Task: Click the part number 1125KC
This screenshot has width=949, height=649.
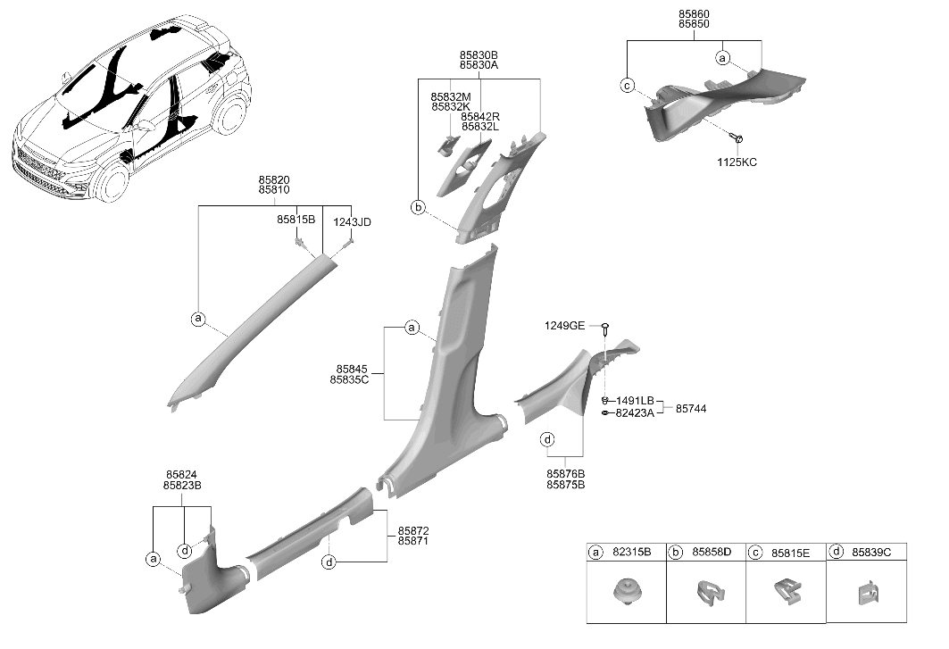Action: [737, 162]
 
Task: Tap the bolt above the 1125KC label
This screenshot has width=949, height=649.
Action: [737, 138]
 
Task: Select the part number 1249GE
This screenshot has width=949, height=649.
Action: [565, 326]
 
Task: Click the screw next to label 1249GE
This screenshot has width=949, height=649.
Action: [605, 329]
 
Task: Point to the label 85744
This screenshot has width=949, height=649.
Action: [691, 409]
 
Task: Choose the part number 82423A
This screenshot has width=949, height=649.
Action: [635, 413]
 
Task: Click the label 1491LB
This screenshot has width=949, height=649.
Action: [635, 401]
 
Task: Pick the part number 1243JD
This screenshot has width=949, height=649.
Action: [353, 222]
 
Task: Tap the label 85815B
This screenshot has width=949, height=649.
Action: [296, 220]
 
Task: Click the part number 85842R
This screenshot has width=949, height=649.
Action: [480, 116]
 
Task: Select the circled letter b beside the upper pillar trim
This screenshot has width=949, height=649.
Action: [418, 208]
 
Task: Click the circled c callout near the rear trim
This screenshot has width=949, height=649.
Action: [628, 86]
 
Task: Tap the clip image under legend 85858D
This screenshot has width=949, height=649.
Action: [706, 593]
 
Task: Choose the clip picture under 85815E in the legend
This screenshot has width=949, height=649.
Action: [787, 592]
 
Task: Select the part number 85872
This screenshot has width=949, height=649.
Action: [413, 531]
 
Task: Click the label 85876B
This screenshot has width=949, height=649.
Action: [566, 474]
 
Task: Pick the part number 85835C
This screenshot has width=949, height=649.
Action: [349, 380]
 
